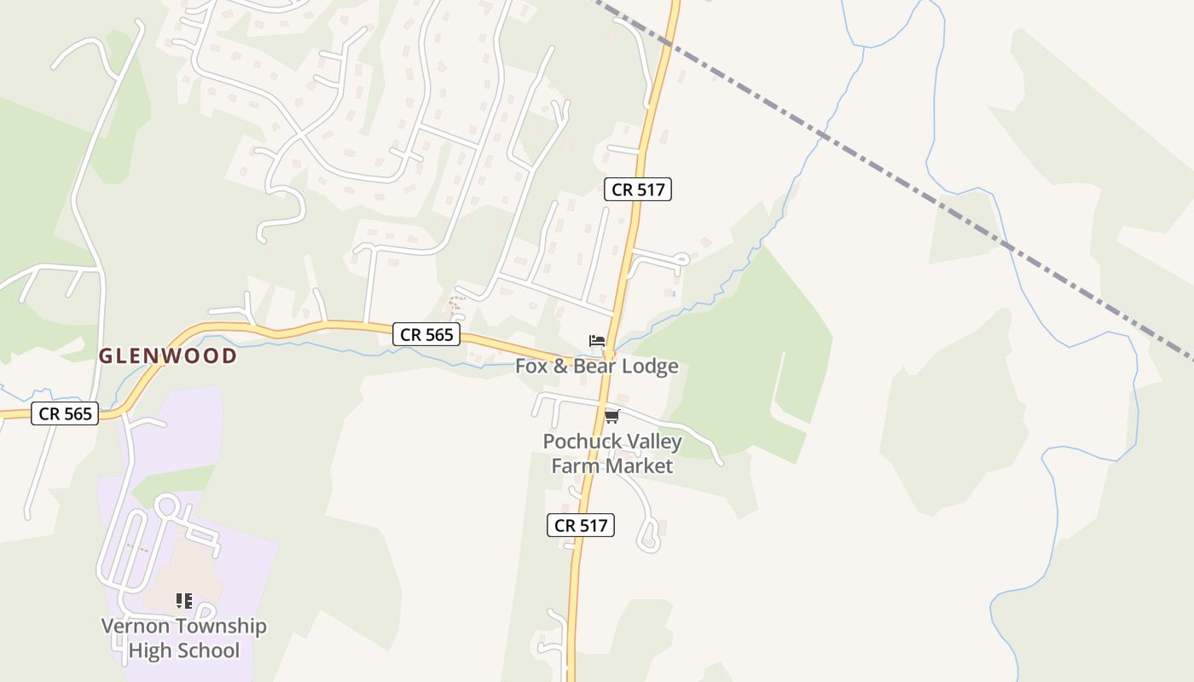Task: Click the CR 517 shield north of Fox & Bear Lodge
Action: point(638,189)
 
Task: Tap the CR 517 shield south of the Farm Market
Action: point(581,525)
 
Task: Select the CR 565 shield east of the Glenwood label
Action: point(426,334)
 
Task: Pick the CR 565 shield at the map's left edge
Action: point(65,414)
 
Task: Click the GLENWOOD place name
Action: point(168,356)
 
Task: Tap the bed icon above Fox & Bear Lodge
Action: point(597,341)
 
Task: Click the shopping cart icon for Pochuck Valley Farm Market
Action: point(611,417)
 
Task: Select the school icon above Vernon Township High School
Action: point(183,601)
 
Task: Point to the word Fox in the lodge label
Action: point(531,367)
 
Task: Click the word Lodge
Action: point(650,367)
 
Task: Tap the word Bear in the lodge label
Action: point(589,367)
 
